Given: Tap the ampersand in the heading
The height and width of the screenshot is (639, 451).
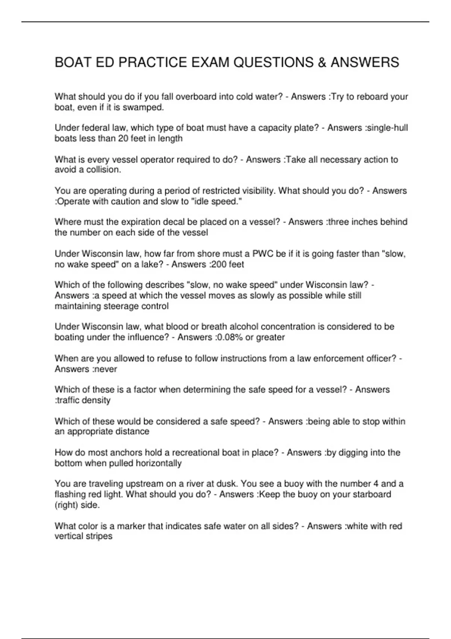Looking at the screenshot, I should coord(322,62).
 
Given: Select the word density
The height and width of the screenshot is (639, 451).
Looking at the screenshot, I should coord(96,400).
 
